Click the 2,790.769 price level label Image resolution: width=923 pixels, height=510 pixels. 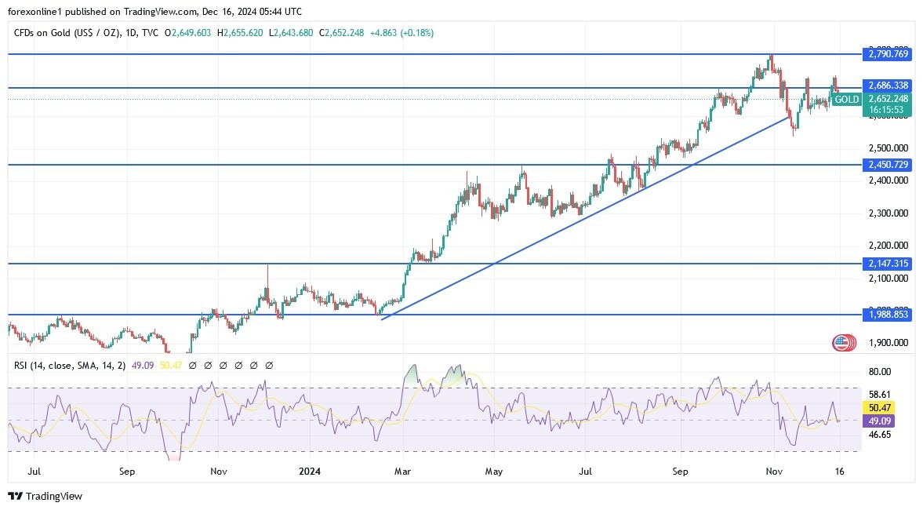coord(888,54)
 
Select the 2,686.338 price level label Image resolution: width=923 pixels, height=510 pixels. coord(888,85)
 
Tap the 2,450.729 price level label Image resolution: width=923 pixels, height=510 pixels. coord(888,165)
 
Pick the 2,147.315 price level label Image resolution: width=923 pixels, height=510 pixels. coord(888,264)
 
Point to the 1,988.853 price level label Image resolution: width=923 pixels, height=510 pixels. coord(888,315)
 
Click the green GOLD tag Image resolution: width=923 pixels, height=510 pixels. coord(846,100)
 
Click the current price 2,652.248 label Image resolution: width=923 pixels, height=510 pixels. coord(888,99)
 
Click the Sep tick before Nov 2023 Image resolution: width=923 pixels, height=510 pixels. coord(127,472)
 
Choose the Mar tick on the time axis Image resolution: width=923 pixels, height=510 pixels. coord(402,472)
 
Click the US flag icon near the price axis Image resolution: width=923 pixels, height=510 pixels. coord(842,342)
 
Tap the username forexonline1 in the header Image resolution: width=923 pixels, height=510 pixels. coord(36,12)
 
